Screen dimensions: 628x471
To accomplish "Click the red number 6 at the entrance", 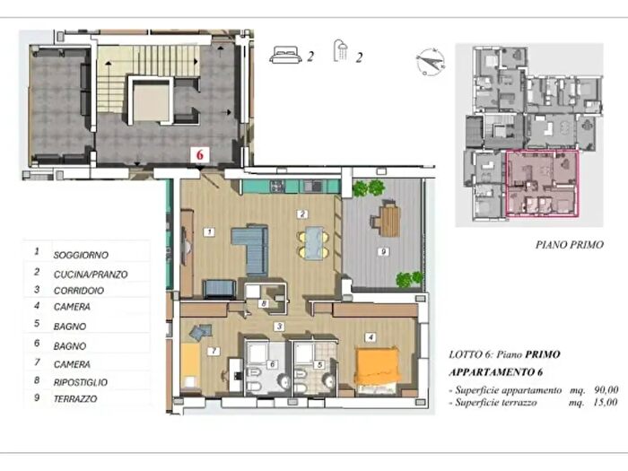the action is tap(199, 154).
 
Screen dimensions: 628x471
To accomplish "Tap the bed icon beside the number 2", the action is tap(285, 55).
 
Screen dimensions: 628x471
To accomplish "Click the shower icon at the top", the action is tap(340, 50).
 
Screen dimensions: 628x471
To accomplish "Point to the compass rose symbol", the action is tap(430, 62).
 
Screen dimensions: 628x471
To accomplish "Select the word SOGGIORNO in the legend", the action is tap(81, 255).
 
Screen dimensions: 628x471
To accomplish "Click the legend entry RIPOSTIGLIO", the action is tap(81, 382).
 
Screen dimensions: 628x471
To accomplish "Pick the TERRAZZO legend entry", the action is tap(75, 399).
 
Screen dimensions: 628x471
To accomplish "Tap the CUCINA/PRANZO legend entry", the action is tap(91, 275).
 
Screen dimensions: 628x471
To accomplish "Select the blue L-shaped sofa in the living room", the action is tap(251, 249).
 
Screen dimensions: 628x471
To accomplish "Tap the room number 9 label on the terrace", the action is tap(383, 251).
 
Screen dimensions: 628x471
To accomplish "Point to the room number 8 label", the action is tap(264, 303).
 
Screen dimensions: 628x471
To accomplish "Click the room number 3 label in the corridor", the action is tap(279, 327).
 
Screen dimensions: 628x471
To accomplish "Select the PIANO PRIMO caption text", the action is tap(570, 245).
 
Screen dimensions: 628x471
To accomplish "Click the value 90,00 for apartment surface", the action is tap(606, 389).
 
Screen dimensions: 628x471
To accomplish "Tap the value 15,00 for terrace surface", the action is tap(606, 402).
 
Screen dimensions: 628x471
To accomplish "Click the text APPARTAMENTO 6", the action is tap(496, 372).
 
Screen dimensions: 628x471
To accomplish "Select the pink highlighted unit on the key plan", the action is tap(542, 183).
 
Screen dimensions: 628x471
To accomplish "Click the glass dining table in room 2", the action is tap(314, 243).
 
